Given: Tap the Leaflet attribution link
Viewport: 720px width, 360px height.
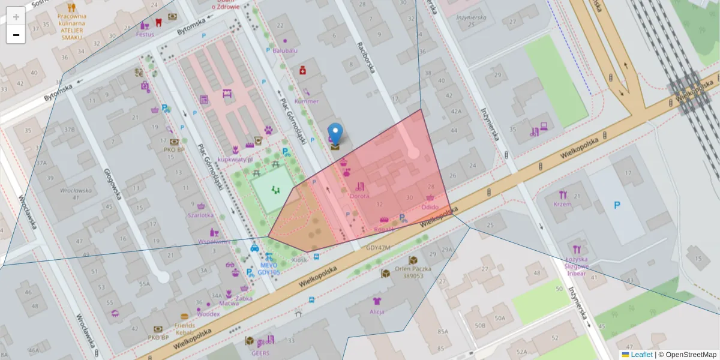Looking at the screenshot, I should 641,355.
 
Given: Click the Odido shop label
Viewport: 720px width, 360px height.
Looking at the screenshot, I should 430,206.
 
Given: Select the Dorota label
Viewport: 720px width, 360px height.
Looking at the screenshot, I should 359,196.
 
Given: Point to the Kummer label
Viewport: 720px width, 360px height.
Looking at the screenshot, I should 307,101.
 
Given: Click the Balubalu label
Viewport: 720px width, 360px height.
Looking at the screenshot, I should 285,50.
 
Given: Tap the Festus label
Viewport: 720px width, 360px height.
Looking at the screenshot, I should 145,34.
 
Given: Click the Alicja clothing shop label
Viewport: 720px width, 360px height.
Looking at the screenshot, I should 377,311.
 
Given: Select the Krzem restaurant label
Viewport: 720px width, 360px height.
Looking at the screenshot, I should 563,204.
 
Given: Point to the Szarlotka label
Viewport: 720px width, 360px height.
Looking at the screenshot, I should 200,215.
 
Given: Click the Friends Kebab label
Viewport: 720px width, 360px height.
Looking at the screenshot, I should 184,328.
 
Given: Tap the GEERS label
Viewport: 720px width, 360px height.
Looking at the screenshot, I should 260,353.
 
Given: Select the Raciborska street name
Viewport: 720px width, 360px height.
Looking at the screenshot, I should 365,57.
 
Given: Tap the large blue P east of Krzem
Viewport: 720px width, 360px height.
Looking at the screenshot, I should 617,205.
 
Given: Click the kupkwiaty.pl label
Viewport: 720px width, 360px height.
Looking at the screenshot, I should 235,160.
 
